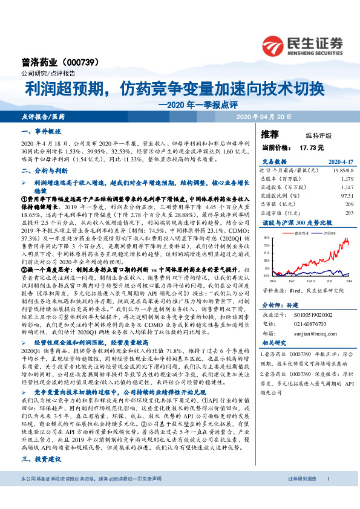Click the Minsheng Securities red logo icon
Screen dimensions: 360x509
click(x=273, y=44)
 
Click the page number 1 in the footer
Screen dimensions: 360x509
click(x=327, y=496)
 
